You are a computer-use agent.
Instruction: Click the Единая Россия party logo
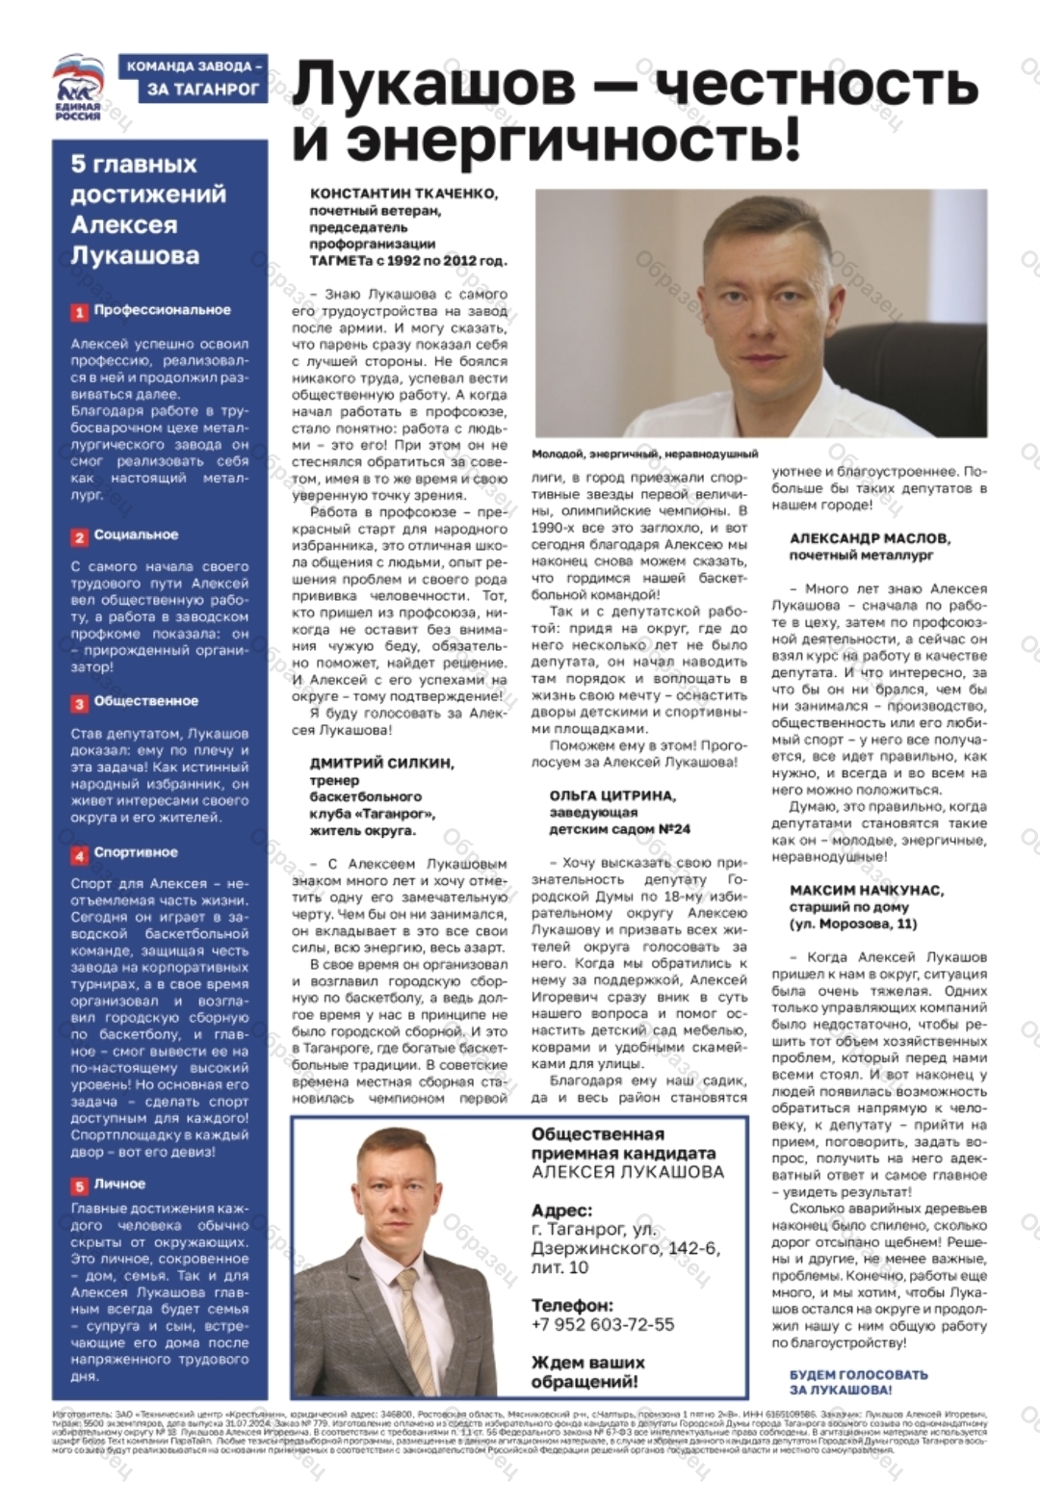pos(78,88)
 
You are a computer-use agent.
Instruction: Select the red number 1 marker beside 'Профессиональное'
pos(79,312)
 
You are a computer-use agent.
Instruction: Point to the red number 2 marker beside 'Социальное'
pos(79,536)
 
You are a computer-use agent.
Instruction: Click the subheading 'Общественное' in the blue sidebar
pos(145,701)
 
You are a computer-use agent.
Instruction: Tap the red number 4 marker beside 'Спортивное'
pos(79,854)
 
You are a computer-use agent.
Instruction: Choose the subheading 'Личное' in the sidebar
pos(119,1184)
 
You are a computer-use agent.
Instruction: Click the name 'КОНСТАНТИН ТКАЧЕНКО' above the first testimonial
pos(403,194)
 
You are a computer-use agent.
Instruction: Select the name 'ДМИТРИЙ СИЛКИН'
pos(381,763)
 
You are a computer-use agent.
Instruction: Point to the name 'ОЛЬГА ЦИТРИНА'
pos(612,796)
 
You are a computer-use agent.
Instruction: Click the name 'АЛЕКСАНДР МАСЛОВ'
pos(870,538)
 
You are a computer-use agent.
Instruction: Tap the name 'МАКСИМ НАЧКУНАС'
pos(867,891)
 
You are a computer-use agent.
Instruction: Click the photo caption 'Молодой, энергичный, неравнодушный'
pos(644,454)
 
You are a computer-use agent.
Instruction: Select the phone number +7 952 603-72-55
pos(603,1324)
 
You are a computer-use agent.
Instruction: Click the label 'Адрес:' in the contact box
pos(561,1211)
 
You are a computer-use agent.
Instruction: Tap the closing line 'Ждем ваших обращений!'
pos(587,1372)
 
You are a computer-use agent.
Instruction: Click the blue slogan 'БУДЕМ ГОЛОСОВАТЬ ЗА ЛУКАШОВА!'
pos(858,1382)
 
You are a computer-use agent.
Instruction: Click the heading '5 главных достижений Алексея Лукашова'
pos(148,210)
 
